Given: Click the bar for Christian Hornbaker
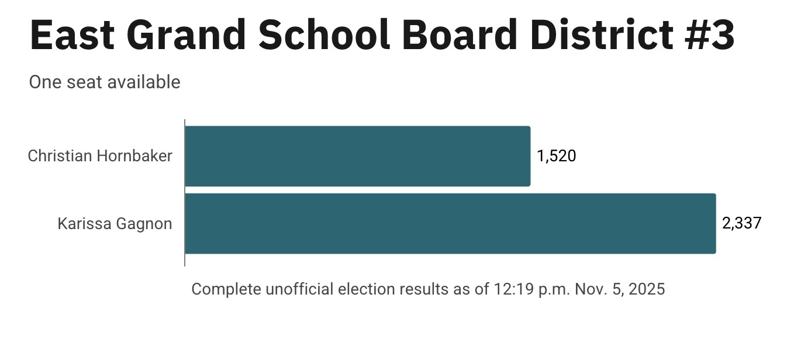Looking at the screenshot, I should click(x=357, y=156).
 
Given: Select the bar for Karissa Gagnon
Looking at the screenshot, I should click(x=450, y=223).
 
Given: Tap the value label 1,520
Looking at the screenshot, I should click(x=556, y=156).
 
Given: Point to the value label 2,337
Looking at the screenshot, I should click(x=741, y=223).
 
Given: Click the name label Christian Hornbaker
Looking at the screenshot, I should click(x=100, y=156).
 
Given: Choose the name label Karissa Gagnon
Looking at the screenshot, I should click(x=115, y=224).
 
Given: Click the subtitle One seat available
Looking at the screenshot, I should click(x=105, y=82).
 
